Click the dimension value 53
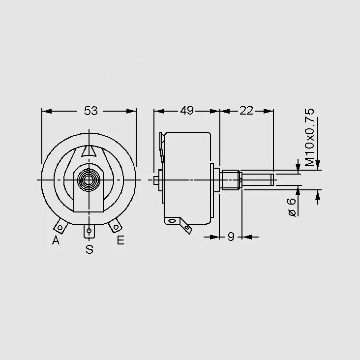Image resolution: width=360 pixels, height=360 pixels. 91,111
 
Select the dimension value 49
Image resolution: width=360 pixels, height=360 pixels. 187,111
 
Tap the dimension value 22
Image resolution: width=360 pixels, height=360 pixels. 246,111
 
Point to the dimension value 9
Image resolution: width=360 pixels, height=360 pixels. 231,237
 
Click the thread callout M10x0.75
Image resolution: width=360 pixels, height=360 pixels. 309,137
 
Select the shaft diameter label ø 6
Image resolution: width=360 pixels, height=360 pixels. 292,207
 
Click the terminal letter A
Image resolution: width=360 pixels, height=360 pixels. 56,240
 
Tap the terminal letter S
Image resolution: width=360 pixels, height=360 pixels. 90,249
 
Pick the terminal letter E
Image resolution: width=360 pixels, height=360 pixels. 120,240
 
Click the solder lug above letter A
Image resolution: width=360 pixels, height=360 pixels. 61,226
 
